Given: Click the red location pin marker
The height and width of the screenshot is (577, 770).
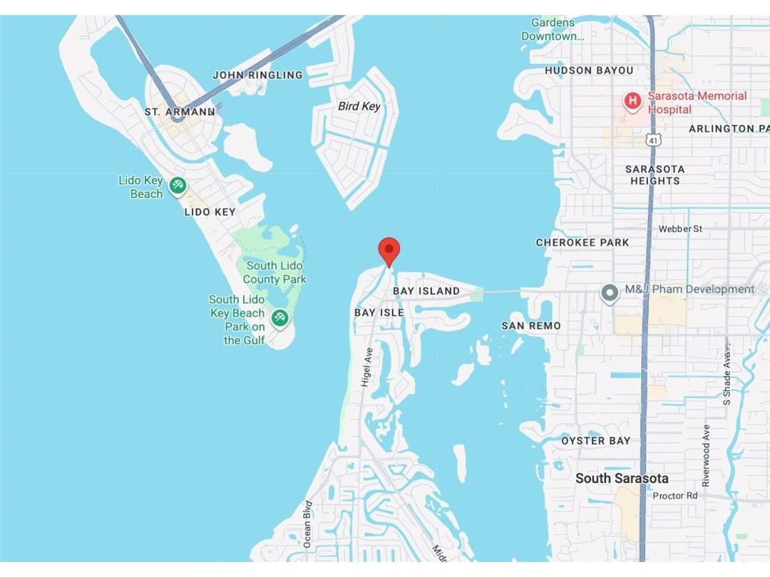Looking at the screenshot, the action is point(389,251).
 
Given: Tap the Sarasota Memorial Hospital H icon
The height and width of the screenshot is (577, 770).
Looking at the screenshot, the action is point(632,102).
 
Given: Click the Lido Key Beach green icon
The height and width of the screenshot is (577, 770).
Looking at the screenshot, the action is point(178,187).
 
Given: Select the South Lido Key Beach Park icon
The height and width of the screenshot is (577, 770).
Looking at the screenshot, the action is point(279,318).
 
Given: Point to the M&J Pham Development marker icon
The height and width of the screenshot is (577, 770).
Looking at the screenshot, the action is point(610,293).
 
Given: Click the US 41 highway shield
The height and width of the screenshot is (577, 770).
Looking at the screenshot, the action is point(653,140).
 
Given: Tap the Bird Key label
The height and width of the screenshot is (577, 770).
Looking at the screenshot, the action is point(359,106).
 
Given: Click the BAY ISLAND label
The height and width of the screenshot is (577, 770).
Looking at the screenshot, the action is point(426,291).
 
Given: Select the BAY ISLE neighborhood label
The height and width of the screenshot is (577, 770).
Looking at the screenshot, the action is point(379,313).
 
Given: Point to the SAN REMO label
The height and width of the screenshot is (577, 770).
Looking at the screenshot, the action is point(531,326).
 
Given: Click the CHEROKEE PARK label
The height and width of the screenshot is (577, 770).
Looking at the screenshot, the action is point(582,242).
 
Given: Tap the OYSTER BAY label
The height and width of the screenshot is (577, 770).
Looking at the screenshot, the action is point(596,441).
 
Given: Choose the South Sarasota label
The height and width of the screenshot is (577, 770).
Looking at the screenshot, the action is point(622,478).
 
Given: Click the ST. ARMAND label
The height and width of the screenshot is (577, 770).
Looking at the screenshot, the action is point(180,112).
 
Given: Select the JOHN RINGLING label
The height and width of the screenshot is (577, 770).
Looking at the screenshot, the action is point(257,75).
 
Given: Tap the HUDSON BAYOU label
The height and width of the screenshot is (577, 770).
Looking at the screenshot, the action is point(589,71).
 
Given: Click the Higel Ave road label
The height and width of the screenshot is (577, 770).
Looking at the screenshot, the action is point(367,367).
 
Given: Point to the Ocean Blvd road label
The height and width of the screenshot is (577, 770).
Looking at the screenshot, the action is point(308,524).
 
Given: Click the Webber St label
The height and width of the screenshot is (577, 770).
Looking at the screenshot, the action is point(680,229).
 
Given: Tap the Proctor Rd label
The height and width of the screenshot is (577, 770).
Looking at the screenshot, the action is point(675,495).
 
